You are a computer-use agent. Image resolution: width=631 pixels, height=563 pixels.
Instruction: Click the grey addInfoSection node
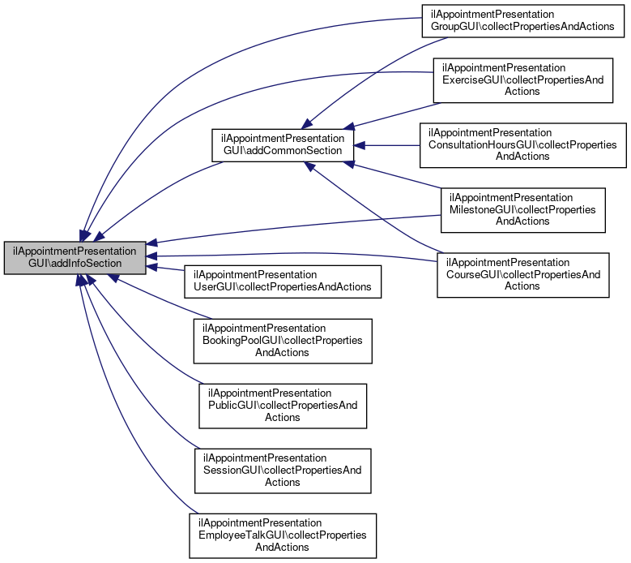click(x=75, y=258)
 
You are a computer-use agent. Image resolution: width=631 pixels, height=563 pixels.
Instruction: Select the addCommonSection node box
click(x=283, y=145)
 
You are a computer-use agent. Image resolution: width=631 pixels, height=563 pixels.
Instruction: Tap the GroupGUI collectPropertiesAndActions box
click(x=522, y=21)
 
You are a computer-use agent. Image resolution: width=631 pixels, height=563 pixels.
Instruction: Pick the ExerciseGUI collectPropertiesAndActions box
click(x=522, y=80)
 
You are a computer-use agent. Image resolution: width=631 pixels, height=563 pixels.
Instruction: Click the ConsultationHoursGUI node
click(x=522, y=145)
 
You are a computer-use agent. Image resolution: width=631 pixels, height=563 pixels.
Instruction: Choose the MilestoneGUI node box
click(x=522, y=210)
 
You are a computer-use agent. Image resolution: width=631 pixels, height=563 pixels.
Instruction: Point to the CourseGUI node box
click(x=522, y=275)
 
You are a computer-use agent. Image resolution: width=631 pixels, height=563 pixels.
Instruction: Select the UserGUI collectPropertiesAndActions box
click(x=283, y=281)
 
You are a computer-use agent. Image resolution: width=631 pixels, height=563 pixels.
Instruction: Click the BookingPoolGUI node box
click(x=283, y=341)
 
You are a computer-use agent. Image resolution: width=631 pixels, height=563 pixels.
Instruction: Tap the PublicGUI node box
click(x=283, y=406)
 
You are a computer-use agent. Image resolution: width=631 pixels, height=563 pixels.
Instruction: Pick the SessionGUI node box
click(x=283, y=471)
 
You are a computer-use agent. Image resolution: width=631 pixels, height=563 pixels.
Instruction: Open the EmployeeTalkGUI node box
click(x=283, y=535)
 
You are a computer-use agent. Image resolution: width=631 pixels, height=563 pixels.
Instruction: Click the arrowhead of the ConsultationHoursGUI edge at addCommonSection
click(x=360, y=145)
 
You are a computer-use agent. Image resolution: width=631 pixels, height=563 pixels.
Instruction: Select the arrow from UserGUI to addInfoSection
click(x=165, y=269)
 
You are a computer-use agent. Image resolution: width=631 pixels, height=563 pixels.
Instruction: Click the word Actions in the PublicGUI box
click(x=282, y=417)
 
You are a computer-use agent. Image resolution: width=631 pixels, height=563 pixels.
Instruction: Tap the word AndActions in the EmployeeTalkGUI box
click(x=282, y=547)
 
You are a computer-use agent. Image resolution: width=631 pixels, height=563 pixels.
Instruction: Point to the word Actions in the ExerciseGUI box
click(x=522, y=91)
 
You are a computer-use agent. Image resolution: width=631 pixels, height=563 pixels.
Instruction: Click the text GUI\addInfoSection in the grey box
click(x=75, y=263)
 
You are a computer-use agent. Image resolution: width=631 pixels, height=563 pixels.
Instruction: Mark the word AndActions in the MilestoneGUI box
click(x=522, y=221)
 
